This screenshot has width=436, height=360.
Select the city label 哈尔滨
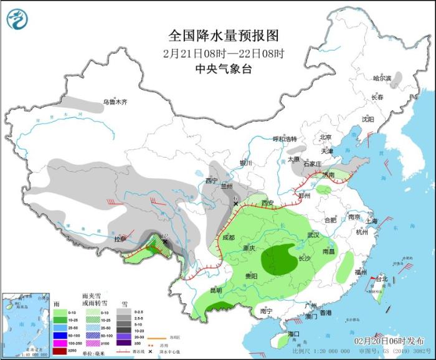pyautogui.click(x=382, y=78)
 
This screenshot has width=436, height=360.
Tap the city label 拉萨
pyautogui.click(x=120, y=239)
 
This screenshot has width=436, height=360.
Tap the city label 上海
pyautogui.click(x=372, y=220)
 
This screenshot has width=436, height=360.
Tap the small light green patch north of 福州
pyautogui.click(x=344, y=268)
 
